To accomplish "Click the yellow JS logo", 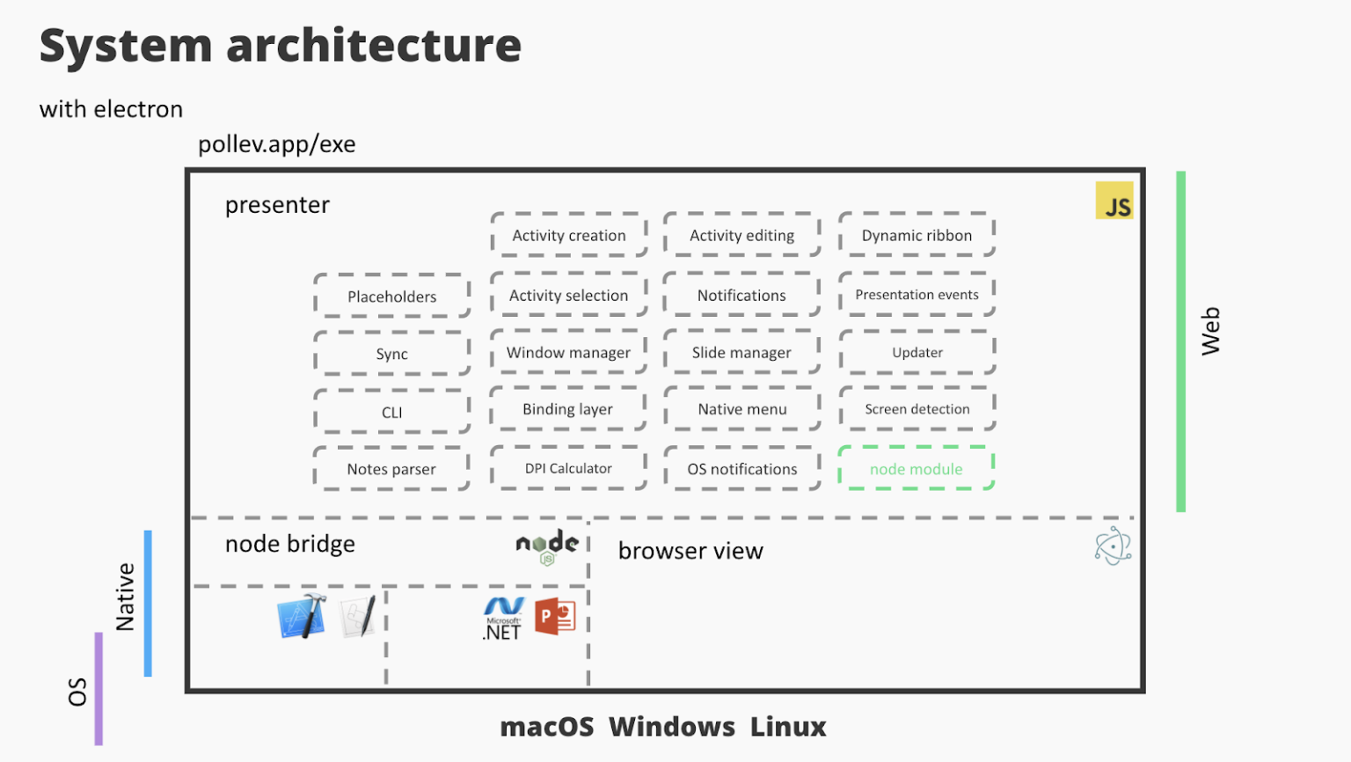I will [x=1114, y=201].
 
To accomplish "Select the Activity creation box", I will [x=569, y=235].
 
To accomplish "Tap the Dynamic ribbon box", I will [x=916, y=235].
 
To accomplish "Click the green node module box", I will [x=916, y=469].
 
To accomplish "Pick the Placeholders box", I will [x=392, y=297].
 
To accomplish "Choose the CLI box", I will [x=392, y=412].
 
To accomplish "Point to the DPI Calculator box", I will [x=568, y=468].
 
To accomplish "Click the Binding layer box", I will [x=568, y=409].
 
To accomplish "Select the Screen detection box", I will [x=916, y=409].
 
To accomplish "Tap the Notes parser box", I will [x=391, y=469].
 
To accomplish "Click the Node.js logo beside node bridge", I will [x=547, y=546].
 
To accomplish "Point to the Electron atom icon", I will [x=1113, y=546].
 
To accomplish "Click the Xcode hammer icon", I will [x=302, y=616].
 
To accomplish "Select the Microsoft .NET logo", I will [x=503, y=619].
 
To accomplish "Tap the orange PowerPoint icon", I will [x=555, y=616].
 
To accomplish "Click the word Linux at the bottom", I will [x=788, y=727].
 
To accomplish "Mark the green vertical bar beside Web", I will [x=1181, y=341].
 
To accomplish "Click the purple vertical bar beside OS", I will [x=99, y=688].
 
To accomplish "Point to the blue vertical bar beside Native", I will [x=148, y=603].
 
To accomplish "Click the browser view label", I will [x=690, y=551].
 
